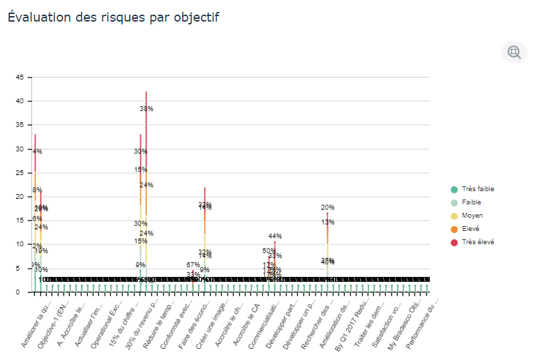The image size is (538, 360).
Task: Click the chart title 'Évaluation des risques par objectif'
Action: [x=114, y=17]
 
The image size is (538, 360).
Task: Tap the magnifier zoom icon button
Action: [x=514, y=52]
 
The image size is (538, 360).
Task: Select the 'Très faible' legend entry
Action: [x=472, y=189]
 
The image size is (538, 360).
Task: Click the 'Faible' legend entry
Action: [x=467, y=202]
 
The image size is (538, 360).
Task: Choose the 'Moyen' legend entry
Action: [x=467, y=216]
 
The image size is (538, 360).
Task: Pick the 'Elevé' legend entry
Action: [x=467, y=229]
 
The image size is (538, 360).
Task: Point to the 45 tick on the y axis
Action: [x=20, y=77]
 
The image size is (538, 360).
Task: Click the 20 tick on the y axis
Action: [x=20, y=197]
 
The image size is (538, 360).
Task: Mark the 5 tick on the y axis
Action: [x=21, y=269]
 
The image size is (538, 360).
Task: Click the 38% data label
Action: [x=147, y=109]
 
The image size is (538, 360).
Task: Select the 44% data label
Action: [x=275, y=237]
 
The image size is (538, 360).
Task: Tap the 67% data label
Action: [x=193, y=265]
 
